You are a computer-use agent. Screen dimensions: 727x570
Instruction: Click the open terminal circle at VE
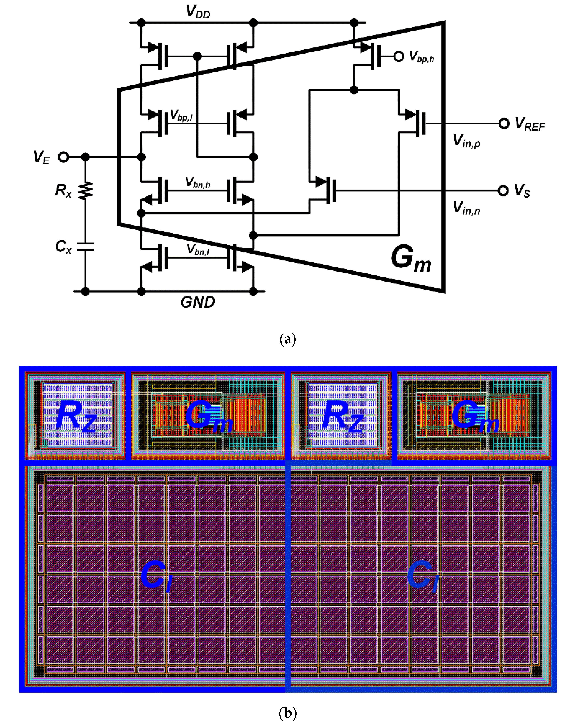[x=63, y=157]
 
